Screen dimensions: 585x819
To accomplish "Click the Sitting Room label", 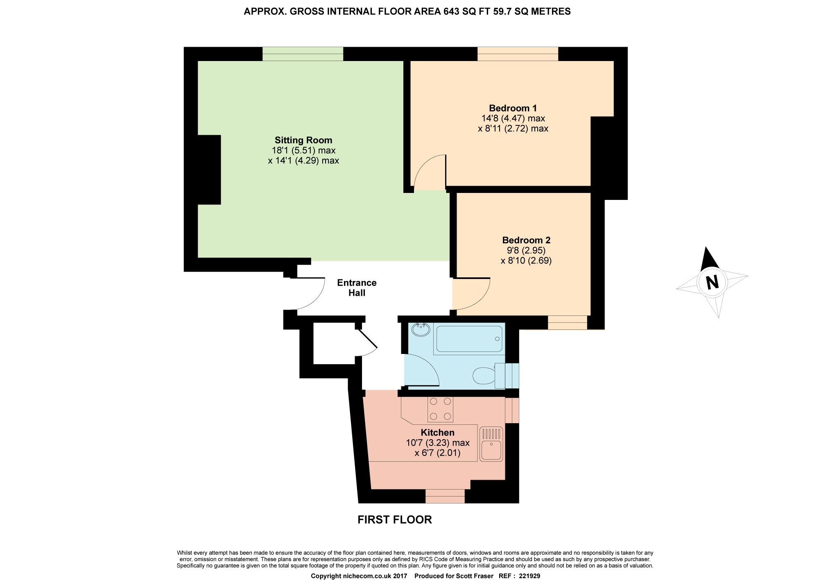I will (x=303, y=140).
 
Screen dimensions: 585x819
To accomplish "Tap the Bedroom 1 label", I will (x=513, y=108).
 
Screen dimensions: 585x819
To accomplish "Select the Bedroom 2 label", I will (x=526, y=240).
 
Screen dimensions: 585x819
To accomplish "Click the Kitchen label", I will (x=437, y=433).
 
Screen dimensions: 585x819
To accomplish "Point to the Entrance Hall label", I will (x=357, y=288).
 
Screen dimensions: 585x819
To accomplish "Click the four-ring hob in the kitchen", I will (x=440, y=409).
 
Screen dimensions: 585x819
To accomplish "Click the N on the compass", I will (x=712, y=282).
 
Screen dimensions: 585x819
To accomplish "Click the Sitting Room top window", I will (x=303, y=54).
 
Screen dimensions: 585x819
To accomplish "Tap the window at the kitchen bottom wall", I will (x=445, y=496).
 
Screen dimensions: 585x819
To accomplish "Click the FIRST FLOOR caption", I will (x=394, y=520).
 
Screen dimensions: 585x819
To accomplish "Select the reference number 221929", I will (x=529, y=576).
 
